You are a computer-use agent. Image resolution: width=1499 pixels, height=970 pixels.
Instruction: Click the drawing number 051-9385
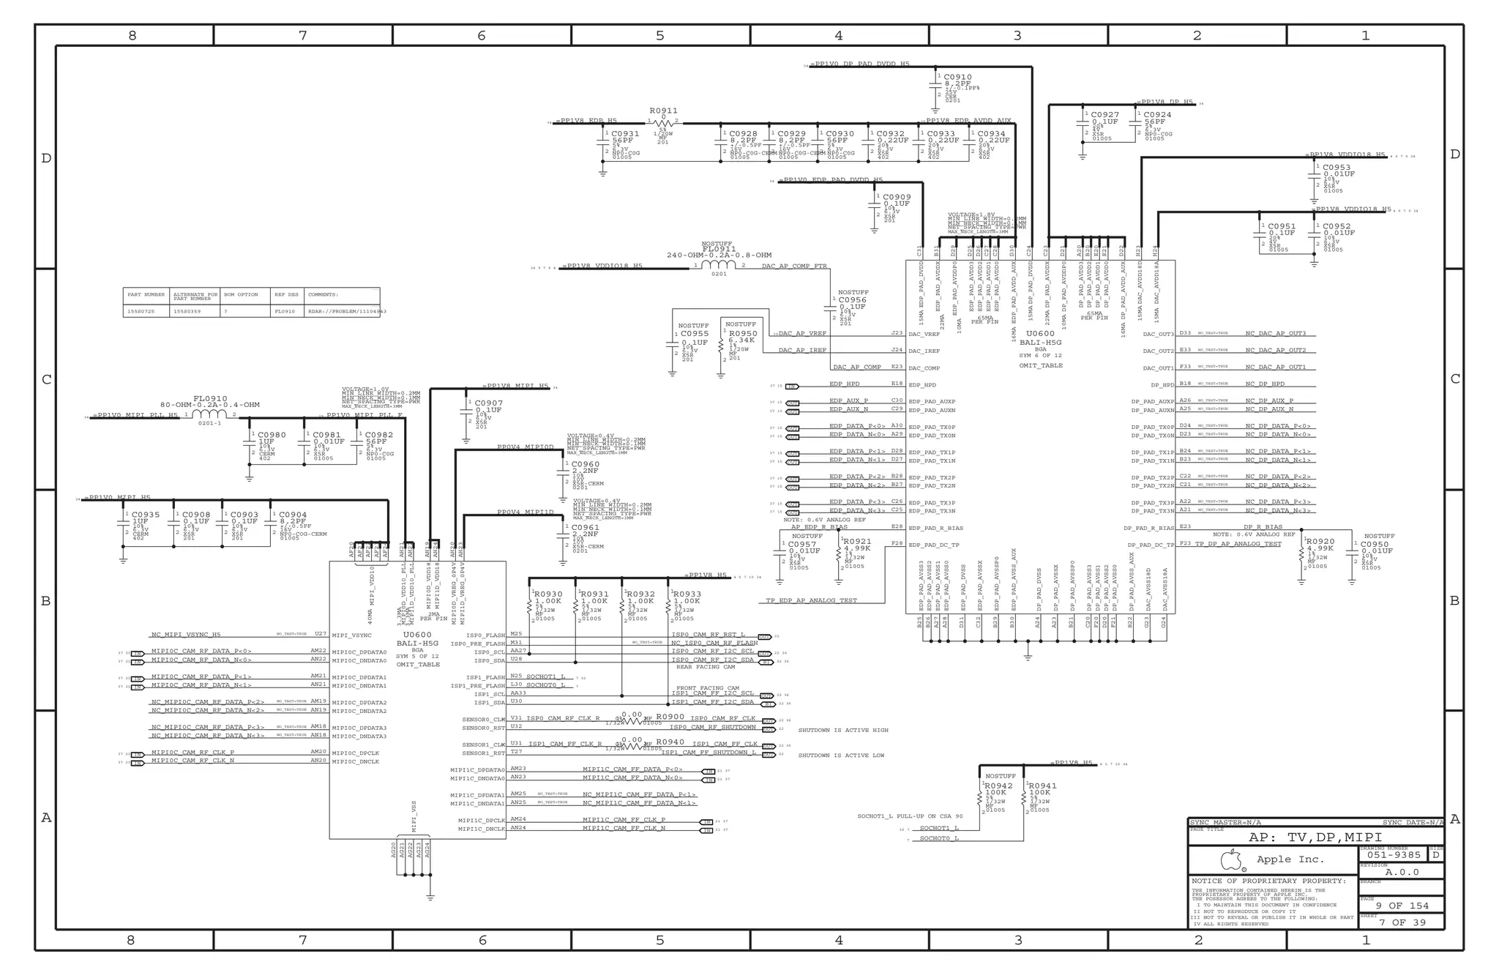pos(1394,854)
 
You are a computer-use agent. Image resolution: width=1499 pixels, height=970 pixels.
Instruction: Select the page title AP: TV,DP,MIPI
pos(1315,837)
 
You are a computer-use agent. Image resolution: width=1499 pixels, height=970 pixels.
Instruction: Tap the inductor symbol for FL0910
pos(209,414)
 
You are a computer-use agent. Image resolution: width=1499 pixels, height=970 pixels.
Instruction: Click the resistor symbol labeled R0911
pos(663,123)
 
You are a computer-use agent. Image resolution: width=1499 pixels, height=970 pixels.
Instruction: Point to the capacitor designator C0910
pos(957,77)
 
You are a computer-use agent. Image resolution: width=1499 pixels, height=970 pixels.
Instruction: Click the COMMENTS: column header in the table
pos(323,294)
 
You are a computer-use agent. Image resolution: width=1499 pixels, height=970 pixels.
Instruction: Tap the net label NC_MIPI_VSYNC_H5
pos(185,635)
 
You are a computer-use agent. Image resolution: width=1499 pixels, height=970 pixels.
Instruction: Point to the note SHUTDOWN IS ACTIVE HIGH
pos(842,730)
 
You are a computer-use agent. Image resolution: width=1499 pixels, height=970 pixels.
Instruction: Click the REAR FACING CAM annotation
pos(706,667)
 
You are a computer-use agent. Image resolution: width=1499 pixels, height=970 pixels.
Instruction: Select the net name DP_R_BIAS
pos(1263,526)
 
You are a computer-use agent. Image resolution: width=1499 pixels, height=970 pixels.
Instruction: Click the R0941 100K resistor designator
pos(1043,786)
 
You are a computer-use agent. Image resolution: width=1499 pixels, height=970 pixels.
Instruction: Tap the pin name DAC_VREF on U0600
pos(924,334)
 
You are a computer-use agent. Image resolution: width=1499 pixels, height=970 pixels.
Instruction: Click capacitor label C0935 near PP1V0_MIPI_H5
pos(146,515)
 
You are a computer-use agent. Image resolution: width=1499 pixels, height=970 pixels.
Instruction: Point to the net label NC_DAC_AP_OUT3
pos(1276,333)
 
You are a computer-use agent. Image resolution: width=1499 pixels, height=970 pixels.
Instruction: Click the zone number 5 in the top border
pos(659,35)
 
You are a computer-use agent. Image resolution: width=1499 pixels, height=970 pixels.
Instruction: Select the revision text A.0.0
pos(1402,872)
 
